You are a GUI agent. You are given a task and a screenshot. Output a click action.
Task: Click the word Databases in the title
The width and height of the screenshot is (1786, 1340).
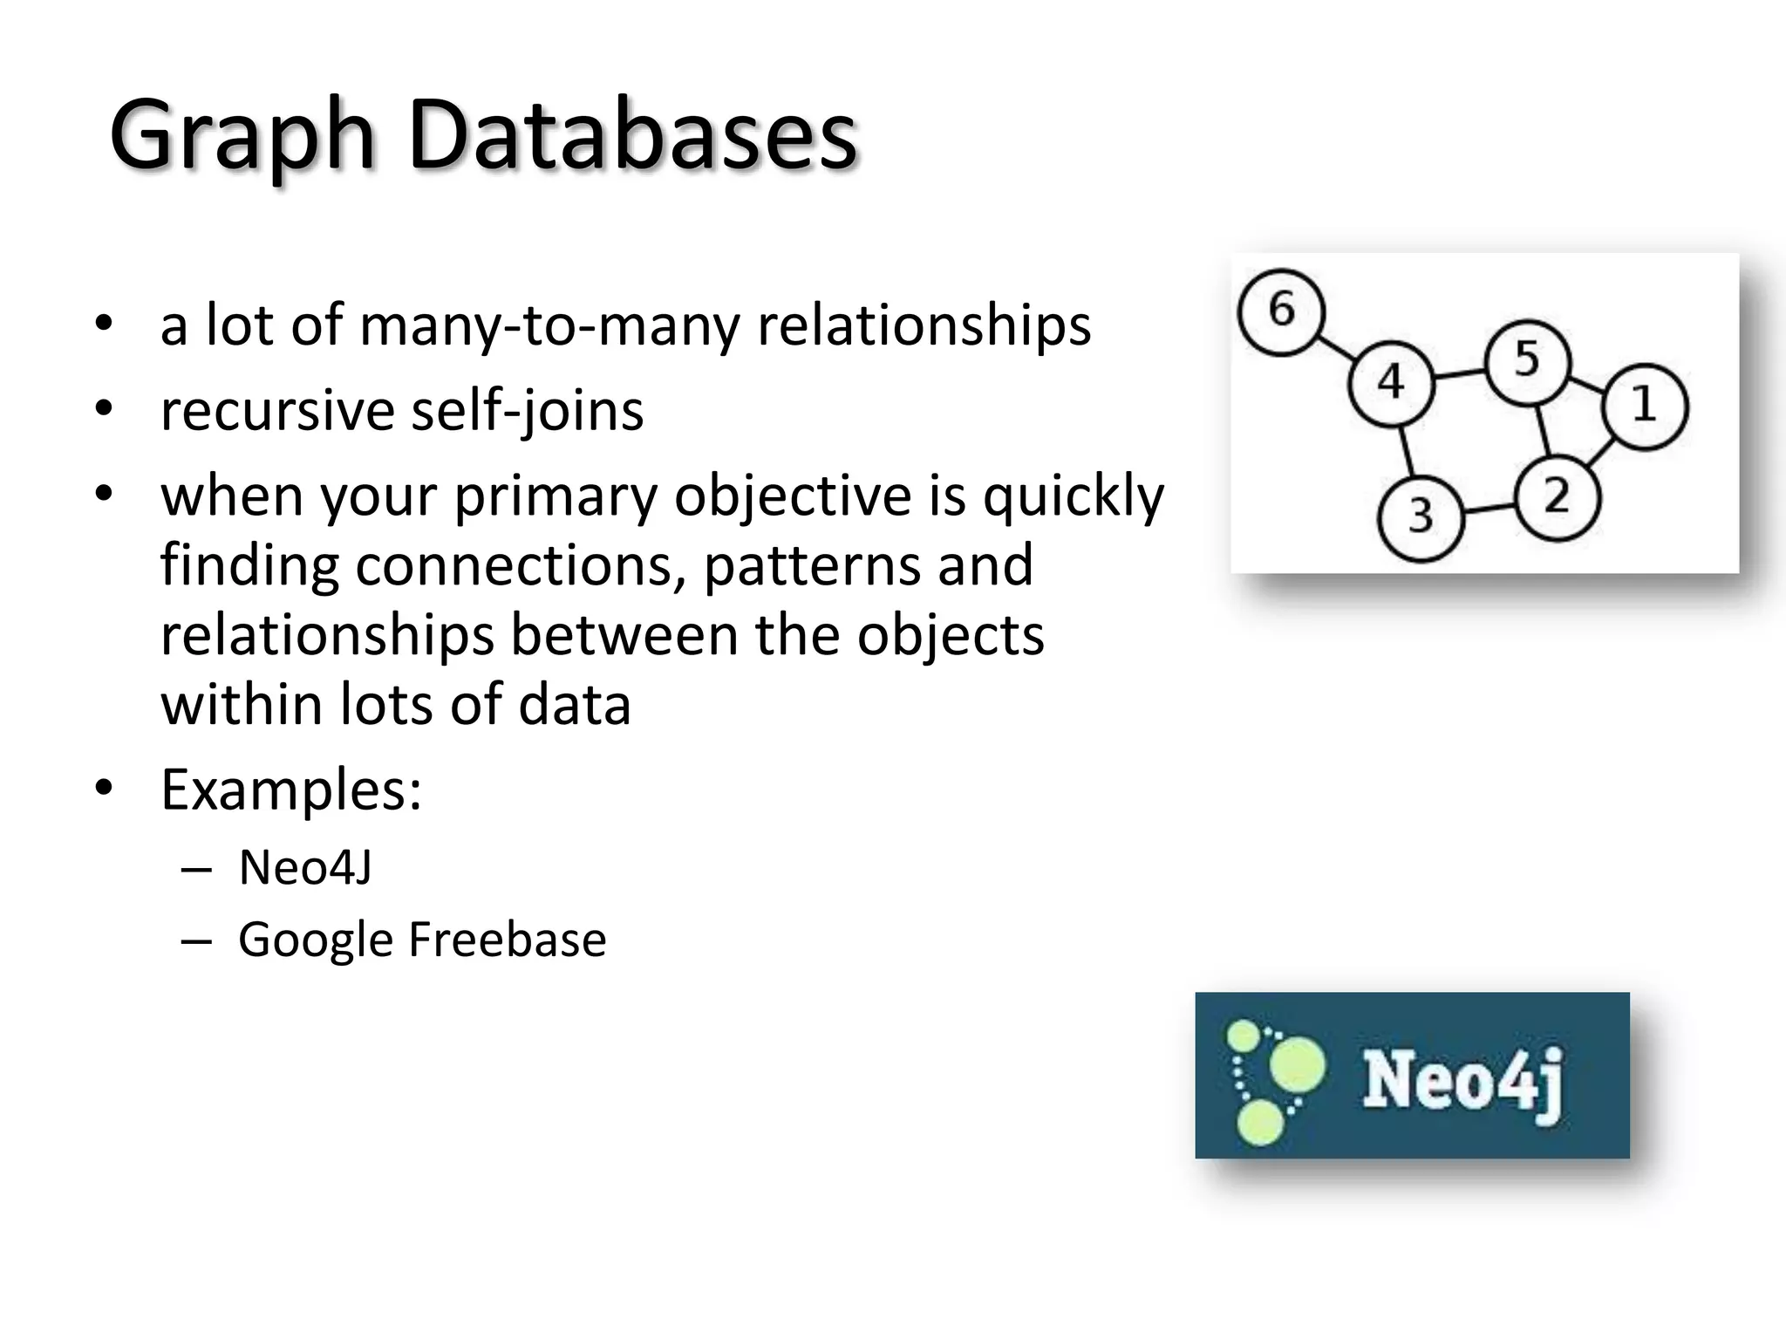633,136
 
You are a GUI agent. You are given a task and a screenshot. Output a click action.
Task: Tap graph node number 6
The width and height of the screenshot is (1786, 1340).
1281,311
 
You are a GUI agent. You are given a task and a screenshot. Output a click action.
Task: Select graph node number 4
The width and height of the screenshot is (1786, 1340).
1390,383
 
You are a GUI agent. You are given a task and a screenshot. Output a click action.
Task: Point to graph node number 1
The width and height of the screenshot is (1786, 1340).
1645,406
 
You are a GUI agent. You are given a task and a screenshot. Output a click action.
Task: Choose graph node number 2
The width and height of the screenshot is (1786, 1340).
1557,498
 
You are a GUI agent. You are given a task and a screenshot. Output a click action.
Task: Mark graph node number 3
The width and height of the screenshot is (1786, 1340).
1420,516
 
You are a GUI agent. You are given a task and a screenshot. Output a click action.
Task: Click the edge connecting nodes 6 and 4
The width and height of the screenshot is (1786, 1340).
1336,347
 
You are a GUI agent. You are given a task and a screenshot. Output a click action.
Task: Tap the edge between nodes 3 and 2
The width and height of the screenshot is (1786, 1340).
1489,508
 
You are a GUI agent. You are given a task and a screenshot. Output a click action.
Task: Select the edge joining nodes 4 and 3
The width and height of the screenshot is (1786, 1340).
1405,451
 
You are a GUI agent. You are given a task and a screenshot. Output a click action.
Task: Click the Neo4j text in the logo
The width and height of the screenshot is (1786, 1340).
1462,1081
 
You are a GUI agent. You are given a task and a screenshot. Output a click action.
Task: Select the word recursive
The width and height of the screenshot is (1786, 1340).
277,411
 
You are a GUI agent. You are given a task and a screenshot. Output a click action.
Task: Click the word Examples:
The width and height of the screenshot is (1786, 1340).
291,790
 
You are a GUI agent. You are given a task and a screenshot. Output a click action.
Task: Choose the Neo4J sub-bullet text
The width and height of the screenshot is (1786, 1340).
305,868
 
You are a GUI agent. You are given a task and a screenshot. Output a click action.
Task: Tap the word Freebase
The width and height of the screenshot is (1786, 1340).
507,940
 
